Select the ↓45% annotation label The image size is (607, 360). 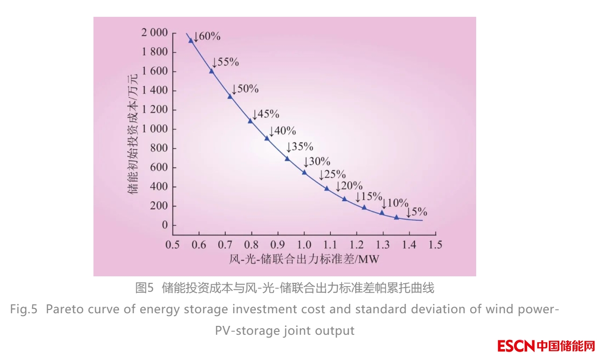[x=265, y=114]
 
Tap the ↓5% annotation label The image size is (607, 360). [x=416, y=212]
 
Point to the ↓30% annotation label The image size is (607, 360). [x=317, y=162]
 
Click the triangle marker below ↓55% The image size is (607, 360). [x=212, y=71]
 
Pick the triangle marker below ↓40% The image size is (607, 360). [x=267, y=138]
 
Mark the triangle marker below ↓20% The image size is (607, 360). [x=344, y=199]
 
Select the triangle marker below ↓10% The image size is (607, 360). [x=382, y=213]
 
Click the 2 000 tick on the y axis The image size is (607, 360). [x=154, y=33]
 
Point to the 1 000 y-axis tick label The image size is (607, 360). [x=154, y=129]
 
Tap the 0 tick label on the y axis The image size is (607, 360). [x=164, y=225]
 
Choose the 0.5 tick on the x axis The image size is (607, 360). [x=173, y=244]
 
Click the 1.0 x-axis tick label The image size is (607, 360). [x=304, y=244]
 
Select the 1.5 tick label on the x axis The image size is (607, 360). [x=436, y=244]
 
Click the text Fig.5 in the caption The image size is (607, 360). [x=23, y=310]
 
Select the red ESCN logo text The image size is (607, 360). [x=515, y=346]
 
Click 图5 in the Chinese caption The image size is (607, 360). [x=144, y=288]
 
